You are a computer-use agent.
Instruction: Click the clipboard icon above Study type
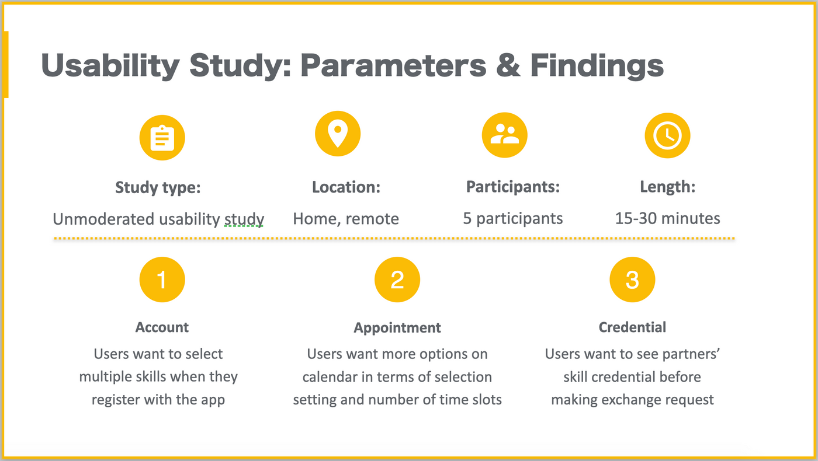pos(162,138)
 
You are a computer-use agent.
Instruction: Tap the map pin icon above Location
pos(338,134)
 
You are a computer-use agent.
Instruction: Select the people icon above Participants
pos(505,135)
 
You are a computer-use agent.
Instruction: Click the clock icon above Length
pos(667,135)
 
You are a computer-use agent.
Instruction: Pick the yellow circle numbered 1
pos(162,280)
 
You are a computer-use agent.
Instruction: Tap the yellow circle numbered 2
pos(397,280)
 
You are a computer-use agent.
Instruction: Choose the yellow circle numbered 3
pos(632,280)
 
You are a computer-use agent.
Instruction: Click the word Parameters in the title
pos(393,65)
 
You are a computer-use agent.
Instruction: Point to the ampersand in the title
pos(508,65)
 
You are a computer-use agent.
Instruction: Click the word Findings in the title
pos(597,66)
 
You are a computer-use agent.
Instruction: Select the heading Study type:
pos(158,188)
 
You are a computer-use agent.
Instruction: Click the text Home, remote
pos(346,219)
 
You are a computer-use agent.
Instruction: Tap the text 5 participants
pos(513,219)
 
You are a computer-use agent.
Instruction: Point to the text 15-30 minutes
pos(667,218)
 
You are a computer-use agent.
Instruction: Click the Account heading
pos(162,327)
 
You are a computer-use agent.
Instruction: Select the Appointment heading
pos(397,328)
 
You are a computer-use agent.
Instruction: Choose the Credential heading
pos(632,327)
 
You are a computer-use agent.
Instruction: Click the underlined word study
pos(244,219)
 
